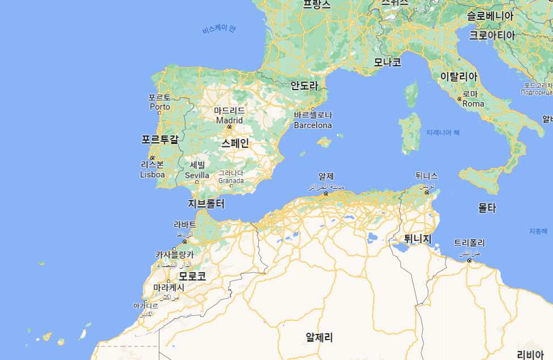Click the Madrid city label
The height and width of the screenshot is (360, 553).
pos(230,120)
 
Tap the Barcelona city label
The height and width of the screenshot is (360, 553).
pos(313,125)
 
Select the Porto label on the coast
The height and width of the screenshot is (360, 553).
pos(160,107)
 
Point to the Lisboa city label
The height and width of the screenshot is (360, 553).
pos(153,175)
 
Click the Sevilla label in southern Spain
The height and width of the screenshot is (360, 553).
pos(197,175)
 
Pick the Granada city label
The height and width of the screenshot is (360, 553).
pos(231,181)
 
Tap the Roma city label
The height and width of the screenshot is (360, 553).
pos(474,104)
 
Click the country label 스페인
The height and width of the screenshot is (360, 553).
pos(235,143)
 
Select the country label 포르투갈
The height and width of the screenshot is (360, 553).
pos(160,139)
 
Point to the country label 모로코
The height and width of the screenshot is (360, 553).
pos(192,277)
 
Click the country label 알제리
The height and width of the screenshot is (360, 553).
pos(319,337)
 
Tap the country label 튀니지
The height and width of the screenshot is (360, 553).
pos(418,239)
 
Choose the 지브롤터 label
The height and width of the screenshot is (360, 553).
pos(206,204)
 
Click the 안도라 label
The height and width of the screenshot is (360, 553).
pos(305,86)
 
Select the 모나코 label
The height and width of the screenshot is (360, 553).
pos(387,62)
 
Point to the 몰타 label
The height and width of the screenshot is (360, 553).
pos(487,208)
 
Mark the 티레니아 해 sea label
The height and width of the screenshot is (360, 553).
pos(443,132)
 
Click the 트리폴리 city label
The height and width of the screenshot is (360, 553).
pos(470,243)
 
